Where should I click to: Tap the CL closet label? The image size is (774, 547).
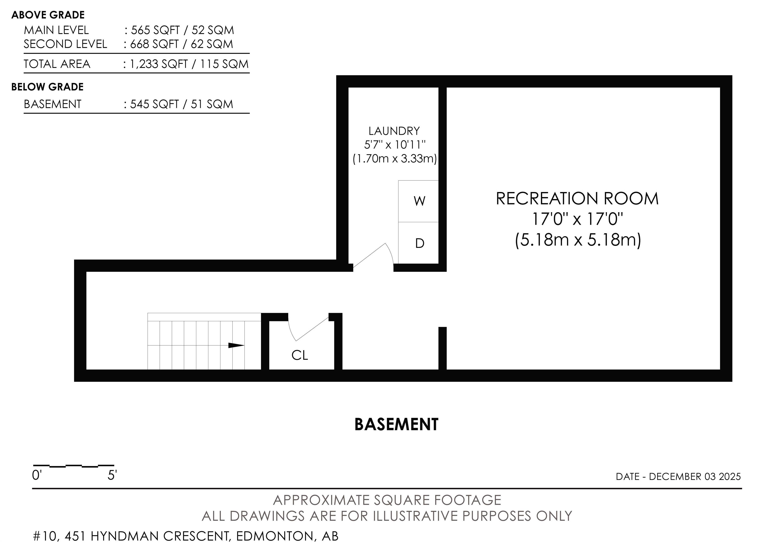(x=300, y=355)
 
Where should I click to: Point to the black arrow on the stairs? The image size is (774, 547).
(x=236, y=345)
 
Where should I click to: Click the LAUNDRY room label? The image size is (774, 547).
(x=394, y=131)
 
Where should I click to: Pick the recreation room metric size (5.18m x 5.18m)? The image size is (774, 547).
(x=578, y=240)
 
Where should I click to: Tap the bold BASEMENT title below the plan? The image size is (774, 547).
(x=396, y=425)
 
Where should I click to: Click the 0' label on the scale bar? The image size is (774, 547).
(x=37, y=475)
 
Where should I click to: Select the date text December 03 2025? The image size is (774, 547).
(x=695, y=476)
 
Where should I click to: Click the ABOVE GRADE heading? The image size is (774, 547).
(x=48, y=15)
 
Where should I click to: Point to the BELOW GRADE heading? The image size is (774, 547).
(x=47, y=87)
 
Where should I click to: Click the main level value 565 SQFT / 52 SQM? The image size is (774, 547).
(x=182, y=30)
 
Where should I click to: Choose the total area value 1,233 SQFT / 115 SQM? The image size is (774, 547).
(x=189, y=64)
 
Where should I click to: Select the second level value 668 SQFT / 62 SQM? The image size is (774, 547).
(x=182, y=44)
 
